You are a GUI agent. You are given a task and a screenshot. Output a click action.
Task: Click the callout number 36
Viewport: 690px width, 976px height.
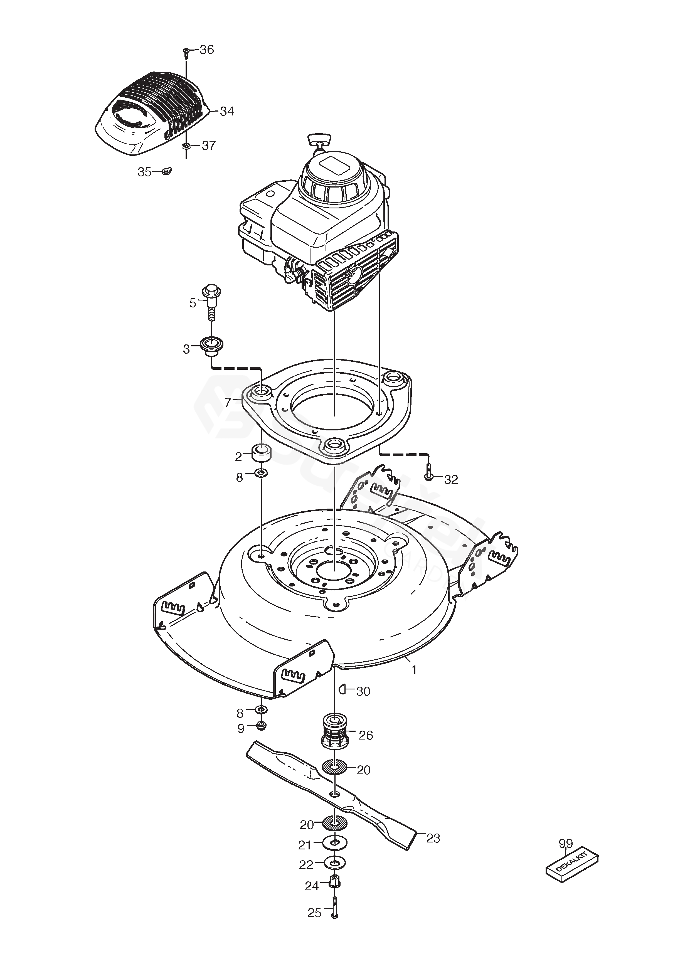207,50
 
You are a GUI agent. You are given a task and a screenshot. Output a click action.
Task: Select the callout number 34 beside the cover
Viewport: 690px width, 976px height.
227,111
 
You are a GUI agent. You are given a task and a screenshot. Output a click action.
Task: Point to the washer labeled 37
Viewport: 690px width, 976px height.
186,146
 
